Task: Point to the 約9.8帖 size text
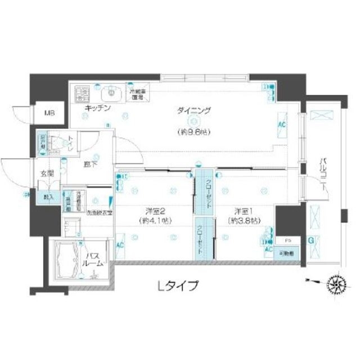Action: point(193,133)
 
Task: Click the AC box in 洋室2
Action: point(120,246)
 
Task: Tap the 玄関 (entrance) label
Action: point(47,173)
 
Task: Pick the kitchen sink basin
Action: point(111,91)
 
